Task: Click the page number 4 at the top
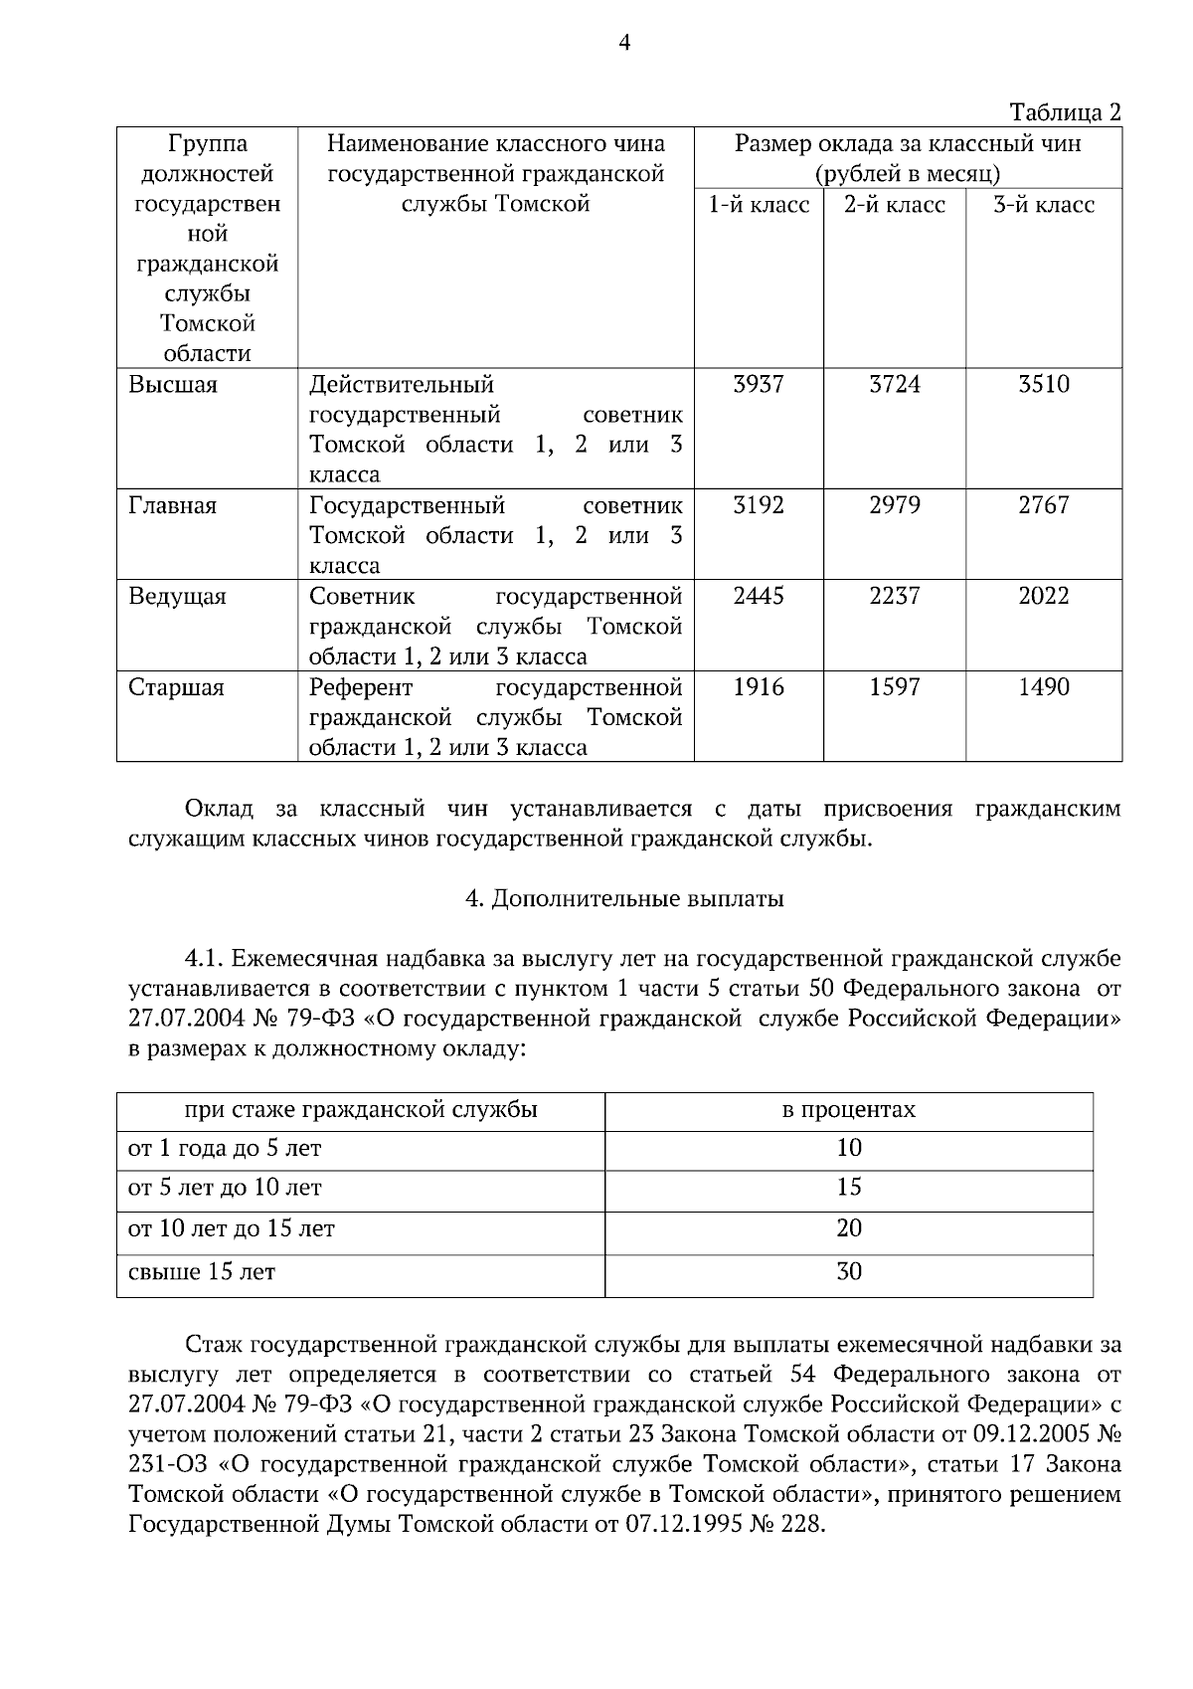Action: [623, 42]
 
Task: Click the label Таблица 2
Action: [1065, 111]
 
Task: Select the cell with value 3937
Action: [758, 384]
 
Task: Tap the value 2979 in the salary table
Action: [894, 505]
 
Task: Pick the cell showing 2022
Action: [1043, 596]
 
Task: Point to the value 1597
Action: [894, 687]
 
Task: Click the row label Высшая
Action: [173, 385]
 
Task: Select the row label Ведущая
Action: [177, 597]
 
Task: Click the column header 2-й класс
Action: [894, 205]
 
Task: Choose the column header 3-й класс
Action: [1043, 205]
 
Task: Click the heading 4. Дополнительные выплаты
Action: [624, 899]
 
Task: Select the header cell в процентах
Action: [848, 1109]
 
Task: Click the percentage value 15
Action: [848, 1188]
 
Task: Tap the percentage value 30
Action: [848, 1272]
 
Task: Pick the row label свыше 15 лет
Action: [202, 1272]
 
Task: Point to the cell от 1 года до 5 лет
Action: [225, 1149]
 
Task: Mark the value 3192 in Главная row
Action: [758, 505]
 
